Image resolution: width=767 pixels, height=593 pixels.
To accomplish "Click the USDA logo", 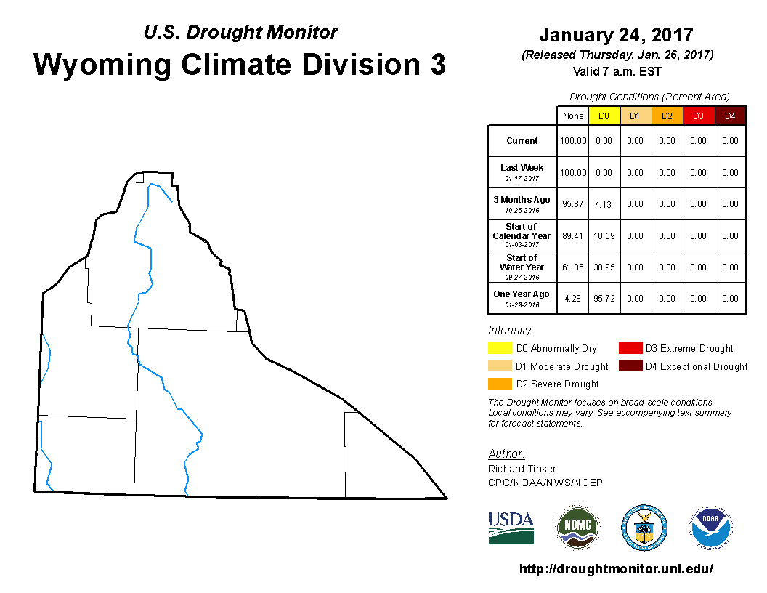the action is pyautogui.click(x=511, y=528).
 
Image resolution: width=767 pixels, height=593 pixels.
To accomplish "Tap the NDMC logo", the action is pyautogui.click(x=577, y=528).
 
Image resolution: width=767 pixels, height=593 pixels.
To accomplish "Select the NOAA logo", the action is pyautogui.click(x=711, y=528).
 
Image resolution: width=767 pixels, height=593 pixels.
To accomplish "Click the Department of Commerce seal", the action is pyautogui.click(x=644, y=528).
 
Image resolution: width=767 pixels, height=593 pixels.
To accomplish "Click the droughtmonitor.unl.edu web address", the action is pyautogui.click(x=616, y=569).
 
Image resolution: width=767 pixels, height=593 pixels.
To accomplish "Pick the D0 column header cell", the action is pyautogui.click(x=604, y=116).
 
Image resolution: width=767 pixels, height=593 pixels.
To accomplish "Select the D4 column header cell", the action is pyautogui.click(x=730, y=116).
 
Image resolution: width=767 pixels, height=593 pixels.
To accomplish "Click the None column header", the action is pyautogui.click(x=573, y=116).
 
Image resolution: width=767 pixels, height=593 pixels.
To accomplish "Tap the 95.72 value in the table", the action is pyautogui.click(x=604, y=299).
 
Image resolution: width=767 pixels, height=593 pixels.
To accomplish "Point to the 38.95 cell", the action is pyautogui.click(x=604, y=267).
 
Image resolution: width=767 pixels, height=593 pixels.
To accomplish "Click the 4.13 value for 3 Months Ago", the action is pyautogui.click(x=603, y=204).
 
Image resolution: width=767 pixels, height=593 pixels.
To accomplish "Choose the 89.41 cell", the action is pyautogui.click(x=573, y=236).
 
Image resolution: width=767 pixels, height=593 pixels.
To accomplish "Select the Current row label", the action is pyautogui.click(x=522, y=141).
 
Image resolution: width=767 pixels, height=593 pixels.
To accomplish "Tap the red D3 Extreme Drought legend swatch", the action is pyautogui.click(x=630, y=348).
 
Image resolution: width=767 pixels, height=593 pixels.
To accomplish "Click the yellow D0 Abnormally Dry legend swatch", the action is pyautogui.click(x=500, y=348).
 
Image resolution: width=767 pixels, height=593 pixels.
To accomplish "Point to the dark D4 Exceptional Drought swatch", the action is pyautogui.click(x=630, y=366).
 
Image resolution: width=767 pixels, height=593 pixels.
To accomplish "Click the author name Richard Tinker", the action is pyautogui.click(x=522, y=469).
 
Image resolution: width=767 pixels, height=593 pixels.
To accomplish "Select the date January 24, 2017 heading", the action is pyautogui.click(x=617, y=35).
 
